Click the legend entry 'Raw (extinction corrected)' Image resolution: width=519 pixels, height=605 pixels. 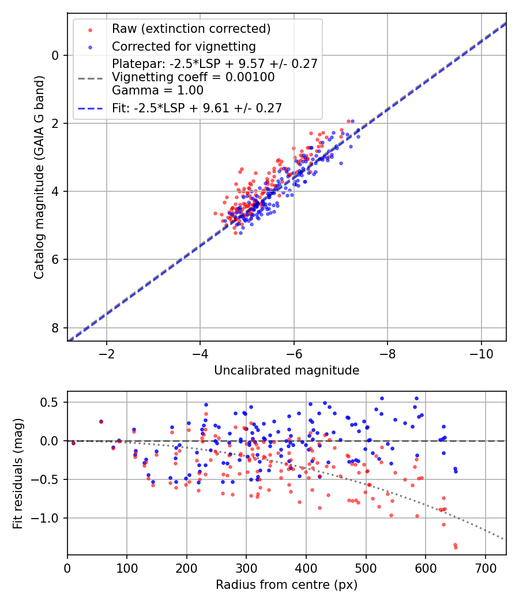pos(191,29)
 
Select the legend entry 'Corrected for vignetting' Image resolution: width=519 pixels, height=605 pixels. pos(183,46)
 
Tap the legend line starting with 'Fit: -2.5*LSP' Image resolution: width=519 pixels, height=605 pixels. pos(197,107)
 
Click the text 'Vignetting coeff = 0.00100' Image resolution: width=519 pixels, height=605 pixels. pos(193,77)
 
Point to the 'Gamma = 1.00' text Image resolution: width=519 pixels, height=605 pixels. pos(157,90)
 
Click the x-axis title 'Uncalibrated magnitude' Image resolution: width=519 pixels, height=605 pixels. pos(287,370)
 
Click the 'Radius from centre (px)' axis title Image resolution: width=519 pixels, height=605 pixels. pos(287,585)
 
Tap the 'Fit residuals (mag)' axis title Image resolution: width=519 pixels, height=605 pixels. pos(19,473)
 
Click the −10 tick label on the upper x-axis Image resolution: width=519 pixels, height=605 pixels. pos(481,353)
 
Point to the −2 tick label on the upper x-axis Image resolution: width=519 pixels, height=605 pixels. pos(106,353)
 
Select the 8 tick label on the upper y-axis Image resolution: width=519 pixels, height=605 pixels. pos(55,328)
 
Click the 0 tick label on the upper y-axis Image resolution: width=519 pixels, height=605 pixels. pos(55,56)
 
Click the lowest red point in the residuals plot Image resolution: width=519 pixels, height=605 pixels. pos(456,547)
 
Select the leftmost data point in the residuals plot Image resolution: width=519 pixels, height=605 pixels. pos(73,443)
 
